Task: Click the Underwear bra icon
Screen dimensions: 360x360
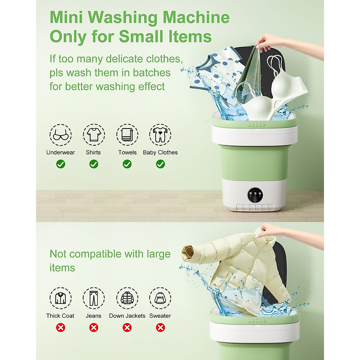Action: coord(61,135)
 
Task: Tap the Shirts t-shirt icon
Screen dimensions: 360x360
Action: coord(94,135)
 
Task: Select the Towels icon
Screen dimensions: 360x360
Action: coord(127,135)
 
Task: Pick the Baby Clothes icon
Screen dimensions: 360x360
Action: coord(160,135)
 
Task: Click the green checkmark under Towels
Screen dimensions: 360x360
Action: coord(127,164)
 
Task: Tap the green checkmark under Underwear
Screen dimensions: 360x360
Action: coord(61,164)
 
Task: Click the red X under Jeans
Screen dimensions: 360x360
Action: coord(94,327)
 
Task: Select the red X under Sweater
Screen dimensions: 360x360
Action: coord(160,327)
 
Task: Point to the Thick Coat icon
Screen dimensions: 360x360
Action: coord(61,298)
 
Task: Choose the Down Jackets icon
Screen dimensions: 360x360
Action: coord(127,298)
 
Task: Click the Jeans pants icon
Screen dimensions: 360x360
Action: coord(94,298)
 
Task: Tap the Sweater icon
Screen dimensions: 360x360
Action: coord(160,298)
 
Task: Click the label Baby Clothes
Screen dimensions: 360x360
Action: coord(160,152)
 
